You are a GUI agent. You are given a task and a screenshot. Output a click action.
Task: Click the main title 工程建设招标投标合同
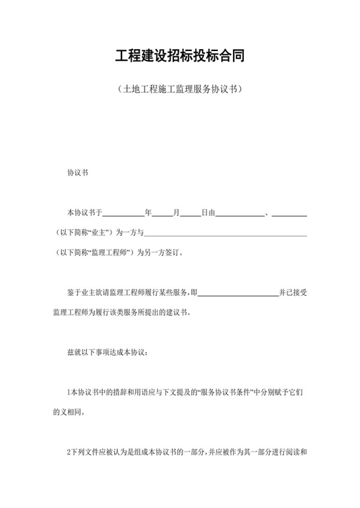[179, 55]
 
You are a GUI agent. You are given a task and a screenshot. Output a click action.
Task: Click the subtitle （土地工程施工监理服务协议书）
[179, 89]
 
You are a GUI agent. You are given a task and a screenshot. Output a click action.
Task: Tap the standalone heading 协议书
[77, 173]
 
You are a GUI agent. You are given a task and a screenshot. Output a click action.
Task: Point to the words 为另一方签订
[159, 253]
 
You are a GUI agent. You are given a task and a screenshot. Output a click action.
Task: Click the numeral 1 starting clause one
[69, 392]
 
